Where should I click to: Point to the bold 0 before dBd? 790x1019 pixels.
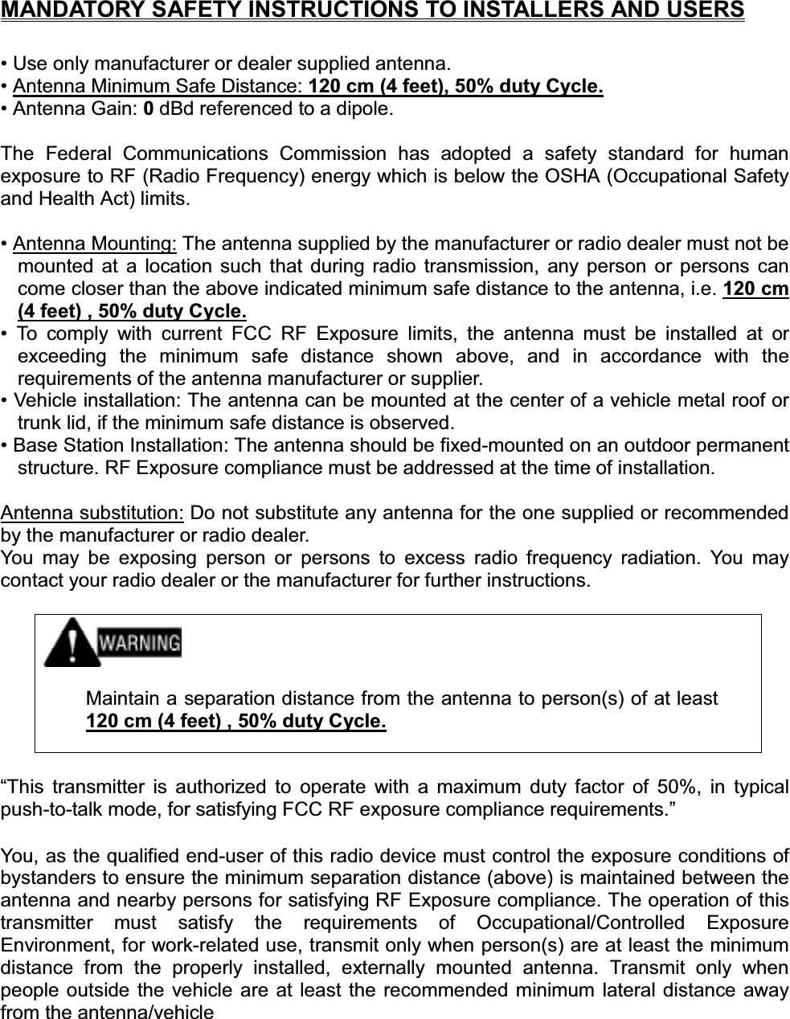(x=149, y=108)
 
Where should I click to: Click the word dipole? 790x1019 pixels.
(x=366, y=108)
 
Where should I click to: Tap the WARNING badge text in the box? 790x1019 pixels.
(x=138, y=642)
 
